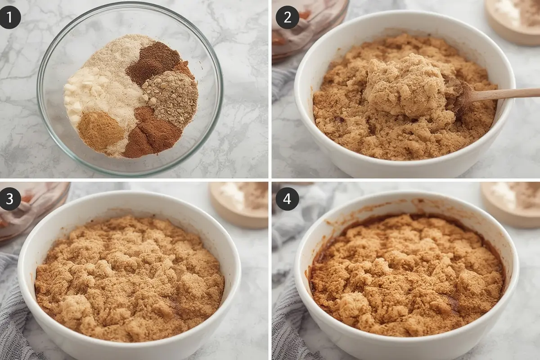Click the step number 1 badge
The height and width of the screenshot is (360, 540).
pos(10,18)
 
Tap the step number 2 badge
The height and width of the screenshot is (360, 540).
pos(287,18)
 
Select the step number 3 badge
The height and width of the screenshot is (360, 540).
pos(10,199)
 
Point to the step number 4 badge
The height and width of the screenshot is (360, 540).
pos(287,199)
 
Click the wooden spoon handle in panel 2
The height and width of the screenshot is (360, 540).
pos(501,93)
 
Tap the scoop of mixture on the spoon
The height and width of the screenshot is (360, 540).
pos(407,85)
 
